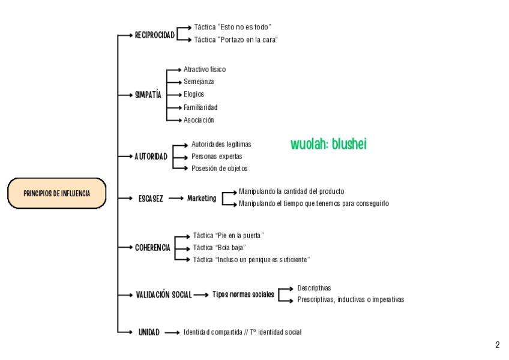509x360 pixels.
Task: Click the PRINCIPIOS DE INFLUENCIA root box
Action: (56, 194)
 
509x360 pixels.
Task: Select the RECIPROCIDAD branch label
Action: (155, 35)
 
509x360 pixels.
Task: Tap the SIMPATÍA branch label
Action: (148, 95)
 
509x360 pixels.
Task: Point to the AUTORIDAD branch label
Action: (151, 157)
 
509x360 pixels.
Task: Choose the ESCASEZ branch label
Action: (151, 199)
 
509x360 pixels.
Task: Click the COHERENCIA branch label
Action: (152, 247)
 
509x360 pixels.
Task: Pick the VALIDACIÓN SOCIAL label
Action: (164, 295)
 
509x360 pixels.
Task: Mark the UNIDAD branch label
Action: (149, 332)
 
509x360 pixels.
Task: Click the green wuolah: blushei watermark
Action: (328, 144)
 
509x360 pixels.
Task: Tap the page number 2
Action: (497, 345)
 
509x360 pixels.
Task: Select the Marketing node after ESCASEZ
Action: (202, 198)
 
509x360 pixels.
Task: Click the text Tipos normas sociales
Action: (243, 295)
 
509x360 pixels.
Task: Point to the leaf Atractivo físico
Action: (205, 70)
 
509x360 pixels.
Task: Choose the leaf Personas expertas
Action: (217, 157)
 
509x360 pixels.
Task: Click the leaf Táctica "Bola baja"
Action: (219, 247)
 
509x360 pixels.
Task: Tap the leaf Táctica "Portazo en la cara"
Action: (236, 40)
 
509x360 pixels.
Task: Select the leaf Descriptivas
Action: (314, 288)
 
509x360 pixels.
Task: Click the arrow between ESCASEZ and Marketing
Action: (176, 199)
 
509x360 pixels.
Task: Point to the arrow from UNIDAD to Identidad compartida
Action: (172, 332)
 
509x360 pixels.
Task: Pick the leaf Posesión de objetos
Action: (219, 169)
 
